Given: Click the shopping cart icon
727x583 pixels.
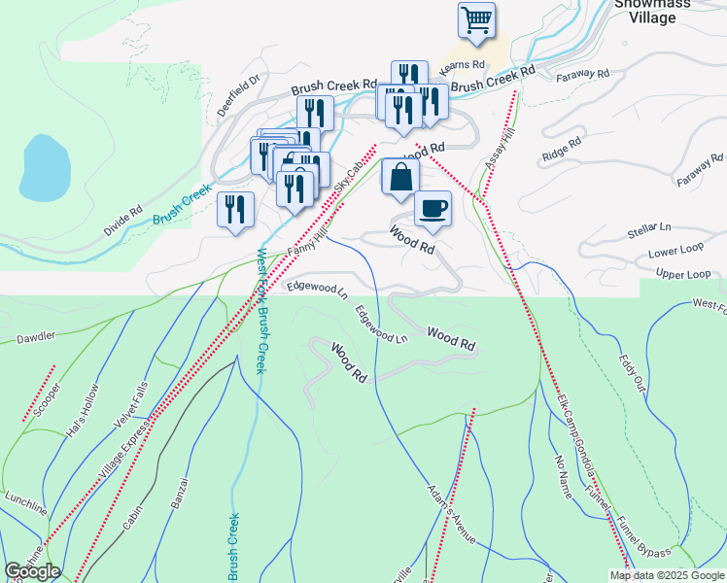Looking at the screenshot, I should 476,20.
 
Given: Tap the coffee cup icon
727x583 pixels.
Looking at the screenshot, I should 433,208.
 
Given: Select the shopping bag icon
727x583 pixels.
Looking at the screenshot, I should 400,178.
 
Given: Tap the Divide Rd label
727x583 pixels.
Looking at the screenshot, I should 122,223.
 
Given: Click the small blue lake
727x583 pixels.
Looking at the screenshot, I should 43,166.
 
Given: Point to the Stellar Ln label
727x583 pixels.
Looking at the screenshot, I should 649,229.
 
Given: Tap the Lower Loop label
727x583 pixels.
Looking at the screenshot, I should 670,253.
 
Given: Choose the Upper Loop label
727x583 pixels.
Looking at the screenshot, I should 683,275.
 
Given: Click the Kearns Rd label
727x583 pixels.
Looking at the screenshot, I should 462,65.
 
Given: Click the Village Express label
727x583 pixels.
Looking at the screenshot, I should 124,450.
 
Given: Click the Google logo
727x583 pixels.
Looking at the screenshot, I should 32,571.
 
